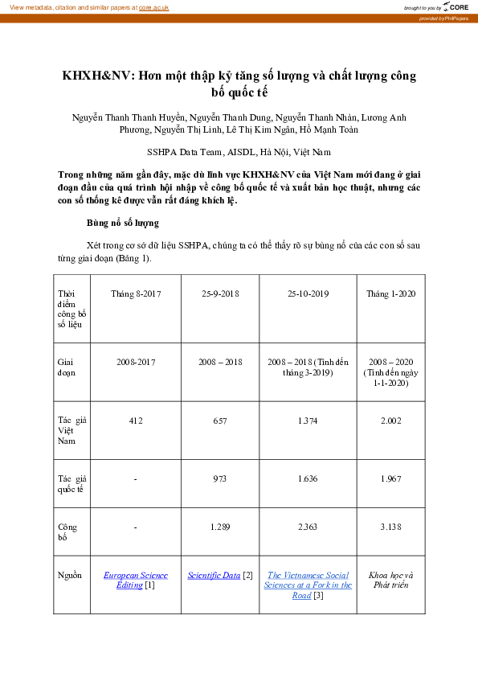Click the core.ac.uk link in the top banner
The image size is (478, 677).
click(153, 6)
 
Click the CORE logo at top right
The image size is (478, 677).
click(456, 6)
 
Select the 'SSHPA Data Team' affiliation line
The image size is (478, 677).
click(238, 151)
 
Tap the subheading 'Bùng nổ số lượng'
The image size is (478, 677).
click(122, 222)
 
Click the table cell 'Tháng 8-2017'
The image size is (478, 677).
click(136, 294)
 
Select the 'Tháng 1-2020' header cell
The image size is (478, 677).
click(391, 294)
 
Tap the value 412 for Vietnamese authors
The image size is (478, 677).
click(136, 421)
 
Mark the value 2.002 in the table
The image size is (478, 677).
click(391, 421)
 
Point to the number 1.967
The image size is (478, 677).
click(391, 478)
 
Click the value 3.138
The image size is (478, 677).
click(391, 527)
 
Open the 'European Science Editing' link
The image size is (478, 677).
click(135, 576)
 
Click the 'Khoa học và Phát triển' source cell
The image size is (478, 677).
click(391, 580)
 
